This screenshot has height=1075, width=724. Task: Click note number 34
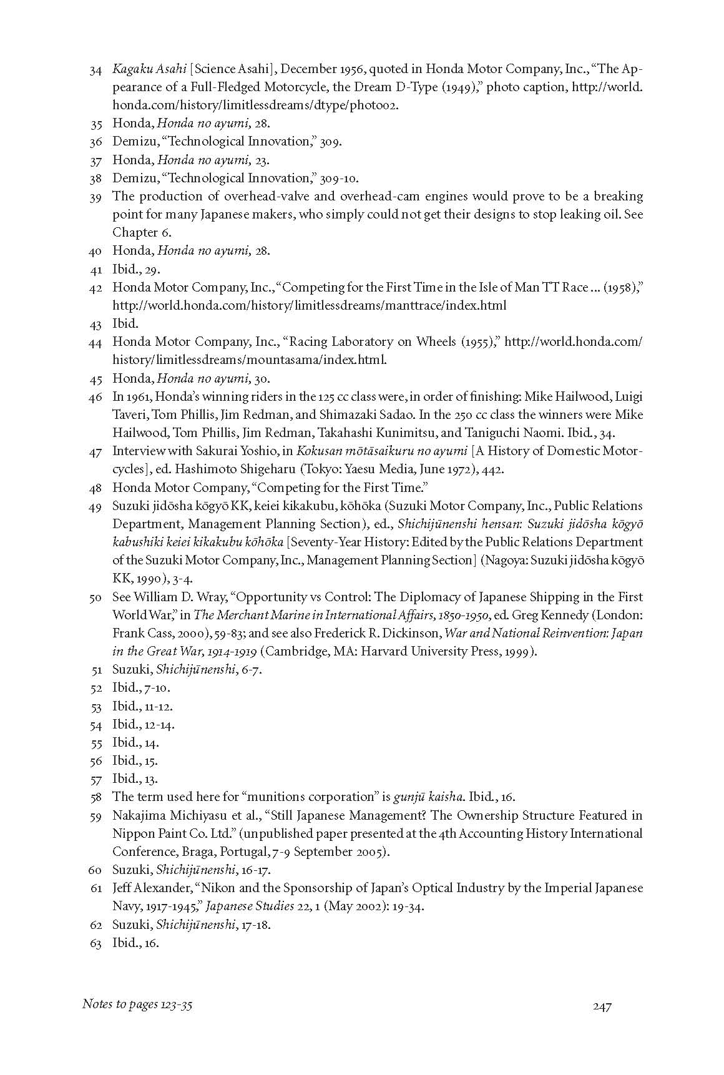pyautogui.click(x=95, y=69)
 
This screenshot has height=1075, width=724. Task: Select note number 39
pyautogui.click(x=95, y=197)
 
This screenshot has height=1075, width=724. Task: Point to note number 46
pyautogui.click(x=95, y=398)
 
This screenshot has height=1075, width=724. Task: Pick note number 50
pyautogui.click(x=95, y=598)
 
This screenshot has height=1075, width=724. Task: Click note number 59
pyautogui.click(x=95, y=816)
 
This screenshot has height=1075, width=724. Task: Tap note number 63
pyautogui.click(x=95, y=943)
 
